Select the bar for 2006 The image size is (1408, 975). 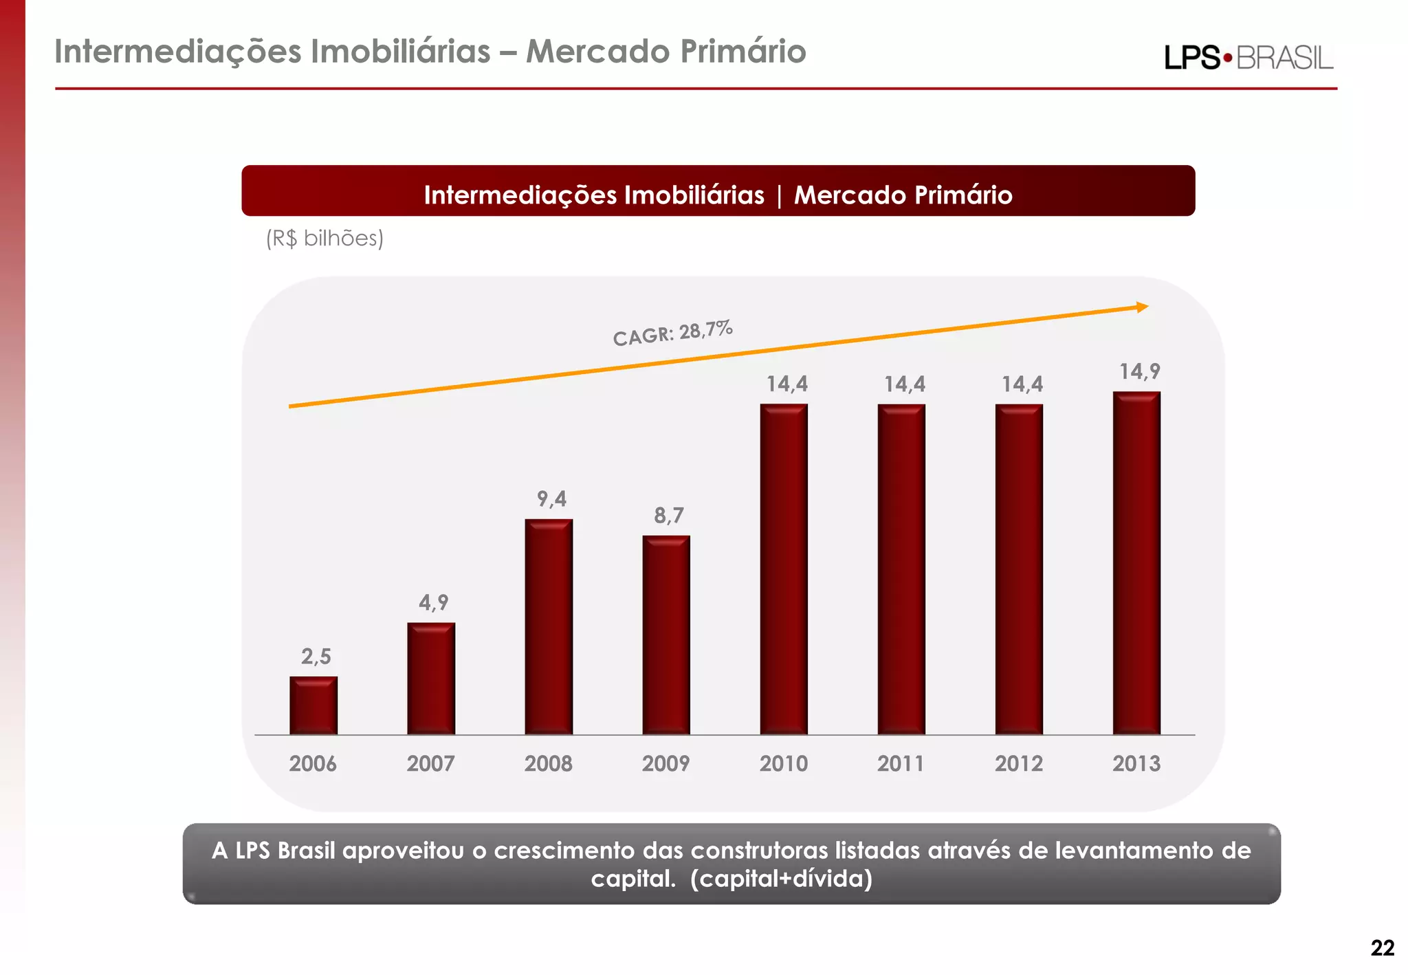[313, 705]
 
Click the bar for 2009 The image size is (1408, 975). [666, 635]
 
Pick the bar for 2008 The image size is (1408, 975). [549, 626]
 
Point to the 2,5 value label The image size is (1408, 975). [316, 657]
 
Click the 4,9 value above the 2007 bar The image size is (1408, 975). [434, 603]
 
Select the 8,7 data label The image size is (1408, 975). [669, 516]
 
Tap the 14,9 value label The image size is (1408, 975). [1140, 372]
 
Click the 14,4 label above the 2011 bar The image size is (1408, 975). [905, 384]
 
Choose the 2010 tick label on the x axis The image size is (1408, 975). [784, 763]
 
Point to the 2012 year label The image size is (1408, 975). [1019, 763]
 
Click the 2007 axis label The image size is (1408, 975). [430, 763]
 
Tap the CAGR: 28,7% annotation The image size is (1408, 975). [672, 333]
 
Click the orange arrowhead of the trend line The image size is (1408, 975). [1142, 307]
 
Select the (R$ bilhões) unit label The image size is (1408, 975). [324, 239]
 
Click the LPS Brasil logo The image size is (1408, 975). [1248, 58]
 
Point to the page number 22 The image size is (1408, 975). [1382, 948]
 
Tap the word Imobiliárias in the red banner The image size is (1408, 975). [694, 195]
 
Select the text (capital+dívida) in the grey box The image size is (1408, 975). [781, 879]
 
